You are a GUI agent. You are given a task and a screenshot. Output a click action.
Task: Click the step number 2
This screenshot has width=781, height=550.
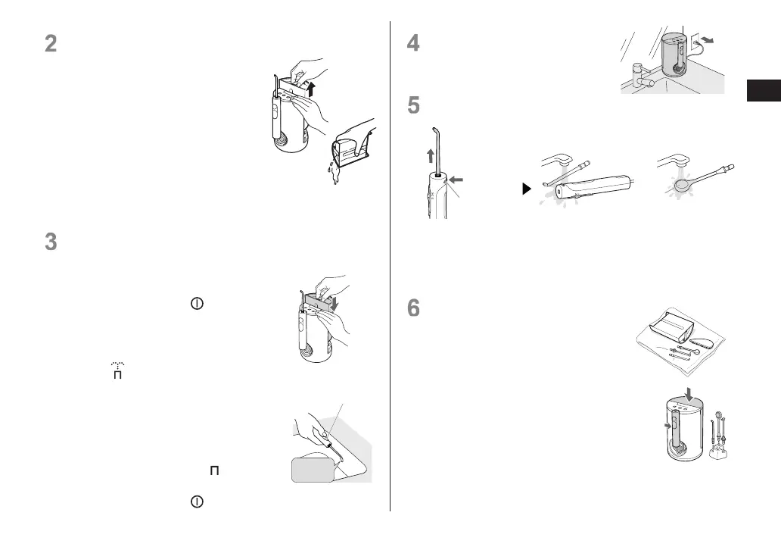[x=51, y=43]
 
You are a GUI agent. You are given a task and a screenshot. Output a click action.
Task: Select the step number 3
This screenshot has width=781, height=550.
[x=51, y=242]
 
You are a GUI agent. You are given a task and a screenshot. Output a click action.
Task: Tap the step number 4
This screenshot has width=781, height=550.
[x=413, y=43]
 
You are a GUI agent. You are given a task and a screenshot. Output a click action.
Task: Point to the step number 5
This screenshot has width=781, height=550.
[x=413, y=105]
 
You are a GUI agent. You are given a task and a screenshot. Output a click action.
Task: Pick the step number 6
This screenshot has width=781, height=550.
[x=413, y=307]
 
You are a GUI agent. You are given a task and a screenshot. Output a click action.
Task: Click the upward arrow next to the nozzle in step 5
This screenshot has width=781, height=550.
[x=431, y=157]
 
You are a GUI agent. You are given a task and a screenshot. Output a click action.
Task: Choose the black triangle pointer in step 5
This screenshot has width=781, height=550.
[x=527, y=189]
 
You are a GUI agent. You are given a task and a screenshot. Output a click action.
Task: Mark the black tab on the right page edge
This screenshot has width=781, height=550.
[x=764, y=90]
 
